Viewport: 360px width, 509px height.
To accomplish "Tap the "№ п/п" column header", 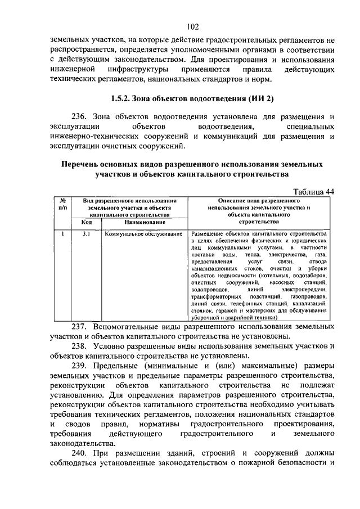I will click(x=64, y=204).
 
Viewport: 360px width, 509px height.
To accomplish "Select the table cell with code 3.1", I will click(x=86, y=233).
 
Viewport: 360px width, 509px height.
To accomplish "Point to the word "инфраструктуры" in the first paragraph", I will click(x=140, y=69).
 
